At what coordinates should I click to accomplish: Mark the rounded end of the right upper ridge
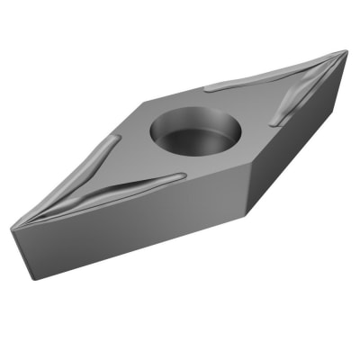coord(209,88)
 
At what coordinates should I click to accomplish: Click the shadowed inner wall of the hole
coord(180,121)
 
